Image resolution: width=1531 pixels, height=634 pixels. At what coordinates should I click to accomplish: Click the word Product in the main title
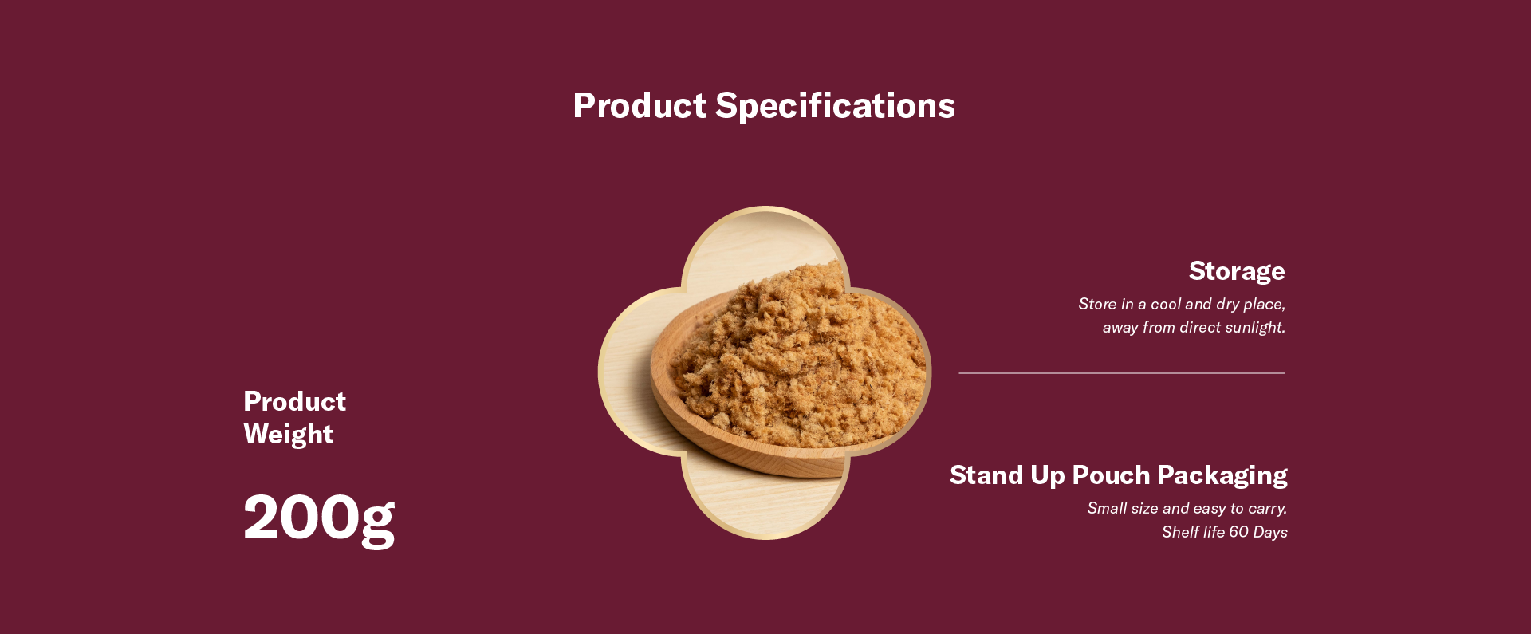(x=640, y=105)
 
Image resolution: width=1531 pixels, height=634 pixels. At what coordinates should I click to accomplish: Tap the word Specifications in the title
(x=835, y=106)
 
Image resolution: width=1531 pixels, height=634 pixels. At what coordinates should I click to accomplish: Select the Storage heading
(x=1237, y=271)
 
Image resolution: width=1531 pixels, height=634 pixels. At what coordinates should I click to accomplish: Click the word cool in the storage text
(x=1165, y=304)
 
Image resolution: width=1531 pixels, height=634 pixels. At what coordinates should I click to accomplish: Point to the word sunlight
(x=1254, y=327)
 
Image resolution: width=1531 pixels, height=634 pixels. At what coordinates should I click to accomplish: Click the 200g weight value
(x=319, y=518)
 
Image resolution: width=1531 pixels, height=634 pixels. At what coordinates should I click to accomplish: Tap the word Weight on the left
(x=289, y=435)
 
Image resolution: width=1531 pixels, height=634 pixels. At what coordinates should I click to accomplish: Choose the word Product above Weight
(x=294, y=401)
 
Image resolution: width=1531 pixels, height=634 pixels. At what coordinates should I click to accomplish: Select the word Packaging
(x=1222, y=476)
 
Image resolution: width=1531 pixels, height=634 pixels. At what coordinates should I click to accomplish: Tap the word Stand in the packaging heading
(x=986, y=475)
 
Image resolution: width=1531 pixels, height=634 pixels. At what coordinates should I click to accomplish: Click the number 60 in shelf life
(x=1239, y=532)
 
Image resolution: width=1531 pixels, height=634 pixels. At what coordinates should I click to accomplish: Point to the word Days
(x=1270, y=533)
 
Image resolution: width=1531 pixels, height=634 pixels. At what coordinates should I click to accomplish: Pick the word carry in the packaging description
(x=1265, y=509)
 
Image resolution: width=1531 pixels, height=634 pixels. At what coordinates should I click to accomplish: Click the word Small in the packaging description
(x=1107, y=508)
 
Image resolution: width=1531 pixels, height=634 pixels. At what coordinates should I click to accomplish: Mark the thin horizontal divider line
(x=1121, y=372)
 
